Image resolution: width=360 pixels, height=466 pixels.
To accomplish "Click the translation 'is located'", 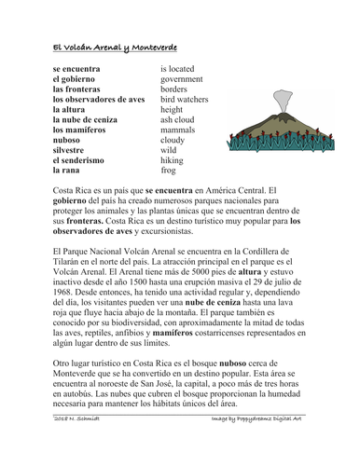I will pyautogui.click(x=181, y=69).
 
